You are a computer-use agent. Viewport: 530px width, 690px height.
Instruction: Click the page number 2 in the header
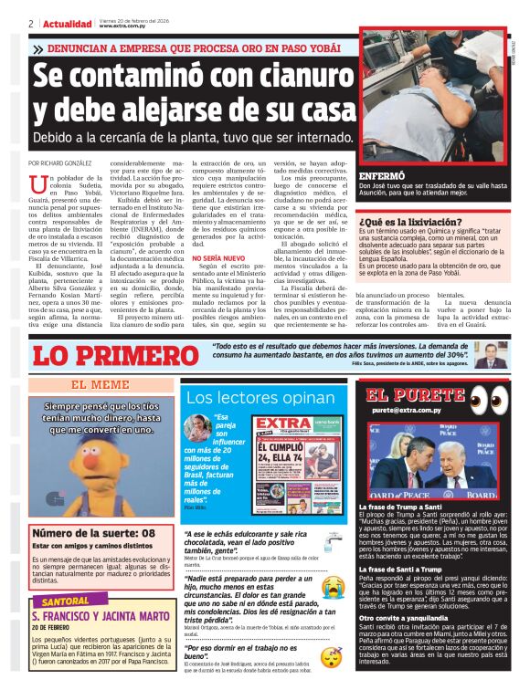click(x=30, y=23)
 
